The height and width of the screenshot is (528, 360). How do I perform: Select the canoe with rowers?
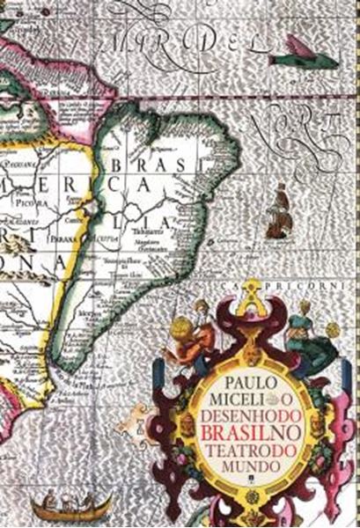click(71, 504)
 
